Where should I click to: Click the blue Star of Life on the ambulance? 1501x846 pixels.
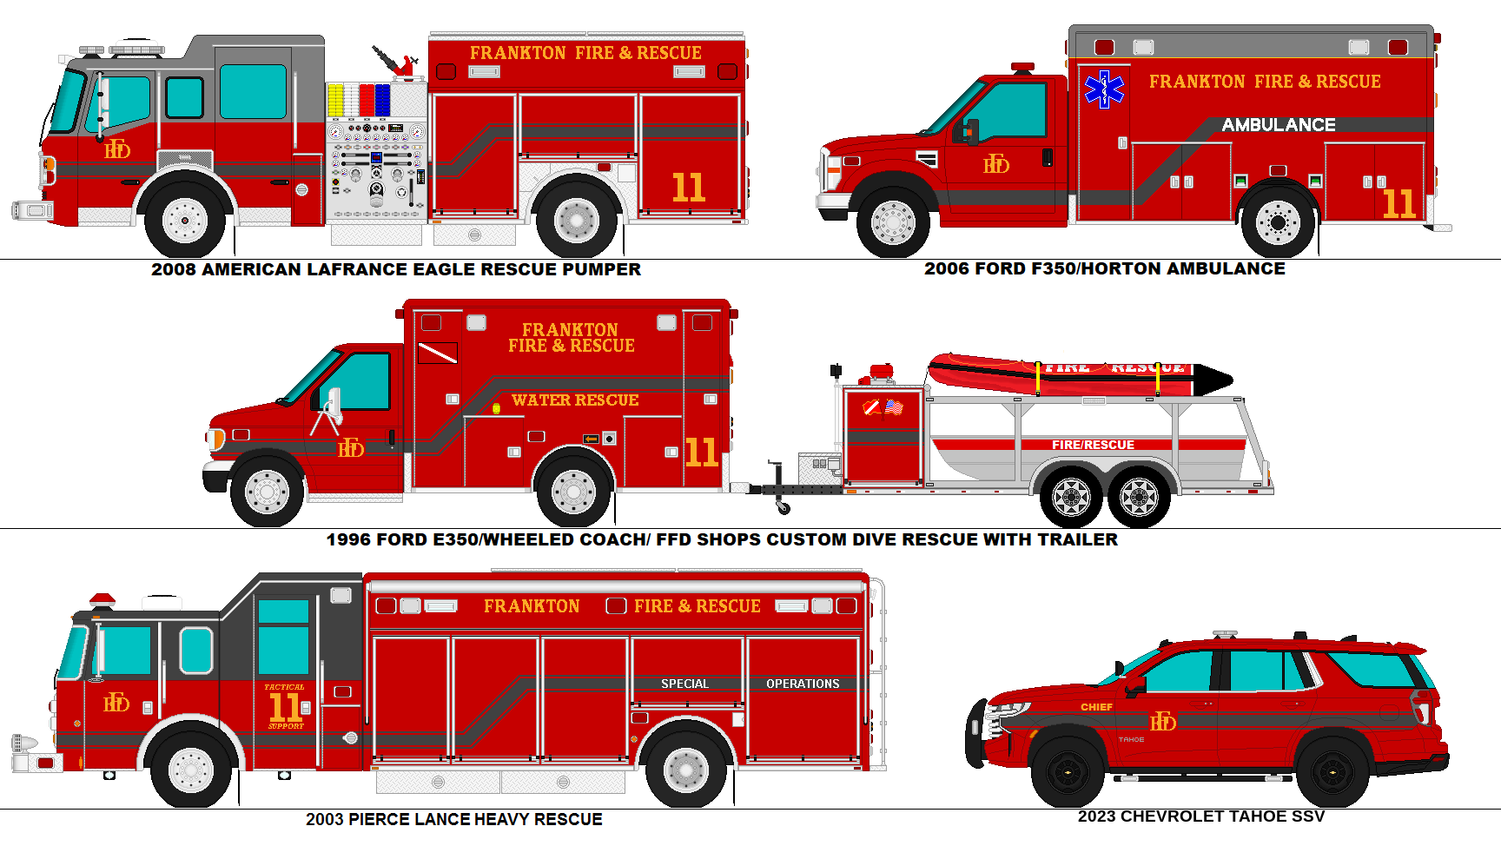(x=1104, y=89)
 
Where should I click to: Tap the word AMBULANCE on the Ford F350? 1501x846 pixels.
(x=1279, y=125)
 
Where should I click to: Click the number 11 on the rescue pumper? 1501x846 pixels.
(x=688, y=188)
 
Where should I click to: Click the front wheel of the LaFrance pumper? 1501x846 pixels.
(x=184, y=220)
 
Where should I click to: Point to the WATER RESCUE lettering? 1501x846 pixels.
(x=575, y=400)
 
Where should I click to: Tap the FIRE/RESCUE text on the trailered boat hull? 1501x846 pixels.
(x=1093, y=445)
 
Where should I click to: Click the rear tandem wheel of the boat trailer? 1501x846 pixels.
(x=1139, y=498)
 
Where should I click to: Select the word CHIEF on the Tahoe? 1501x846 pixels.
(x=1096, y=707)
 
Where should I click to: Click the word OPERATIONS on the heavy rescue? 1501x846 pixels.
(x=803, y=684)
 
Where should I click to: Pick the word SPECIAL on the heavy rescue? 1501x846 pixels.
(x=684, y=684)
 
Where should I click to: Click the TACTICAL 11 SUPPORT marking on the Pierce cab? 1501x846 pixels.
(x=285, y=706)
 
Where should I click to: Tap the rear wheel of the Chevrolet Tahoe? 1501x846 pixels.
(x=1332, y=771)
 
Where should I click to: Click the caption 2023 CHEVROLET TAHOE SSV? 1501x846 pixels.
(x=1200, y=816)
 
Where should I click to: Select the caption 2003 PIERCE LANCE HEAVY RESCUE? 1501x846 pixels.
(x=453, y=819)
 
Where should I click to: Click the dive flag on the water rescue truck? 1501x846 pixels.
(x=437, y=353)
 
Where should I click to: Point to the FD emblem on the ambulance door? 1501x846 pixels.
(x=995, y=165)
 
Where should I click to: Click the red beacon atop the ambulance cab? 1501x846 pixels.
(x=1022, y=67)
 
